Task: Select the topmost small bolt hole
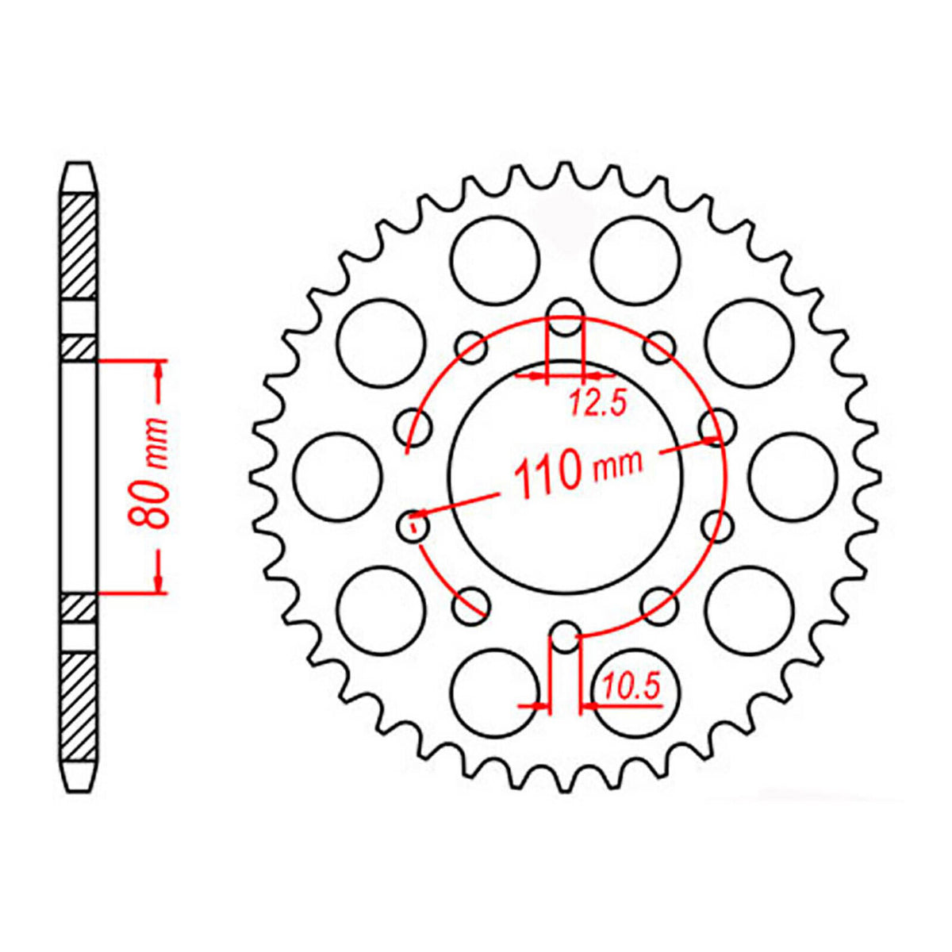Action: [x=565, y=312]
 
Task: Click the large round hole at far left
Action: [x=337, y=475]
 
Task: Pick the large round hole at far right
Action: [x=792, y=475]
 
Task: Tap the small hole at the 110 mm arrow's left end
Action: [x=413, y=525]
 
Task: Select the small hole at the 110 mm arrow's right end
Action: [x=717, y=426]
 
